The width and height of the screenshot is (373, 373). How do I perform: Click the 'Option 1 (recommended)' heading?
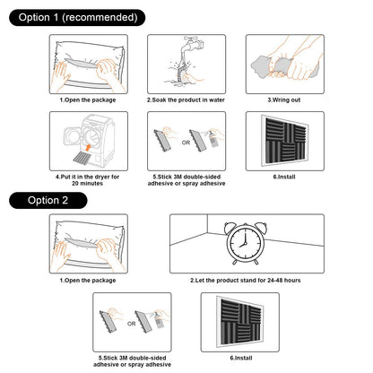78,17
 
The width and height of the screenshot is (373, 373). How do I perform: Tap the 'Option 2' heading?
48,200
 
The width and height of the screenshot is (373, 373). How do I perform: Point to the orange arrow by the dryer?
88,147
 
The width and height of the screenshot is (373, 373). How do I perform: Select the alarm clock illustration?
246,243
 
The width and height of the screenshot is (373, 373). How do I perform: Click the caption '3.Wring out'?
284,100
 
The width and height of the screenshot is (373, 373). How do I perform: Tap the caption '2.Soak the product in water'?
186,100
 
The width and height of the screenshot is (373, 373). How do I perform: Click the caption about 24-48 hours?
246,281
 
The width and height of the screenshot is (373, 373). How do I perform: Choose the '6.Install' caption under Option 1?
284,177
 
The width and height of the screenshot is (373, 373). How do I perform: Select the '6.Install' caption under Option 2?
241,358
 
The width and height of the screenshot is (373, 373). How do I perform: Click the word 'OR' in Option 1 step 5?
186,143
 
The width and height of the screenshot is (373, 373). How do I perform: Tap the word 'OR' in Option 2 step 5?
132,324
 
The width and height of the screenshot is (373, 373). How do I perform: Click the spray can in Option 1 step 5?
213,139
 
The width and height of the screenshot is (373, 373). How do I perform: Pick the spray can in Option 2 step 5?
159,320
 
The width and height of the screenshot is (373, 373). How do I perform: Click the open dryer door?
73,136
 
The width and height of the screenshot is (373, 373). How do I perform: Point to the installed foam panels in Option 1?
285,141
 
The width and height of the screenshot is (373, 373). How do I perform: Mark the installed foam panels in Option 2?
240,322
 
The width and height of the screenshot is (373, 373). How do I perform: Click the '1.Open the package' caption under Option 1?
88,100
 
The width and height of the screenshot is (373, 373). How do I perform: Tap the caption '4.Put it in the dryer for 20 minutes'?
87,180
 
